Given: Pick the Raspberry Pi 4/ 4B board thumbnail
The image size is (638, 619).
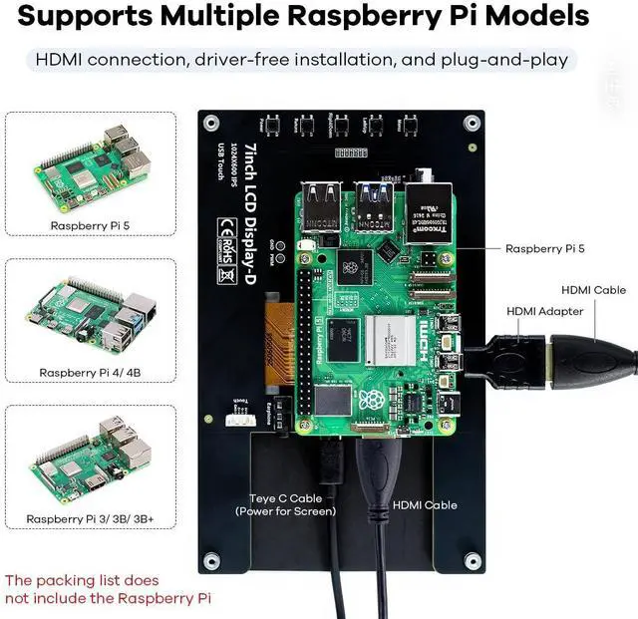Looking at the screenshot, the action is point(88,314).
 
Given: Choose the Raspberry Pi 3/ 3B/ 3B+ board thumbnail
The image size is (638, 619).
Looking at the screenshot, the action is point(88,458).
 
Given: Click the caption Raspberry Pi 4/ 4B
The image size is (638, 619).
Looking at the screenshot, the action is point(88,372).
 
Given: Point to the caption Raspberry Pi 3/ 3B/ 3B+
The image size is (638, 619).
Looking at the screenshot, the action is point(88,518).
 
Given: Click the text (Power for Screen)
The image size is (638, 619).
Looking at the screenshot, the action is point(286,511).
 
